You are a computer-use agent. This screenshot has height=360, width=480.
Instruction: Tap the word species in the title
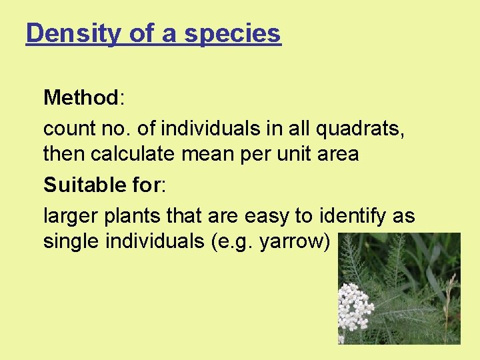tap(233, 33)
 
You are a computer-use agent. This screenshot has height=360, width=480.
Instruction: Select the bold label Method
tap(80, 98)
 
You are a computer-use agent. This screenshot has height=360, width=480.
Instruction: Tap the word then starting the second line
tap(65, 155)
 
